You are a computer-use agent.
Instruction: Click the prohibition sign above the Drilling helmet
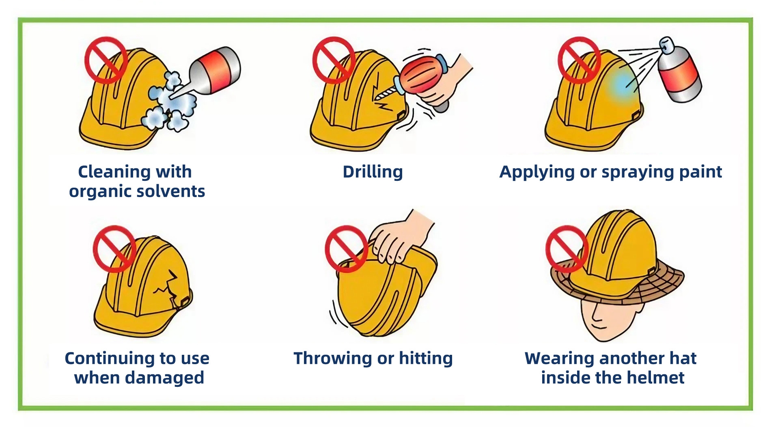point(334,60)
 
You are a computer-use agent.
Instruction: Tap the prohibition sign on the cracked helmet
point(114,249)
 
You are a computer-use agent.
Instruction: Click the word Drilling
point(373,172)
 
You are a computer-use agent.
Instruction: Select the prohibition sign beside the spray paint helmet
point(579,60)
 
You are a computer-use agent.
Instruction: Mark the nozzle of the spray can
point(666,44)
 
